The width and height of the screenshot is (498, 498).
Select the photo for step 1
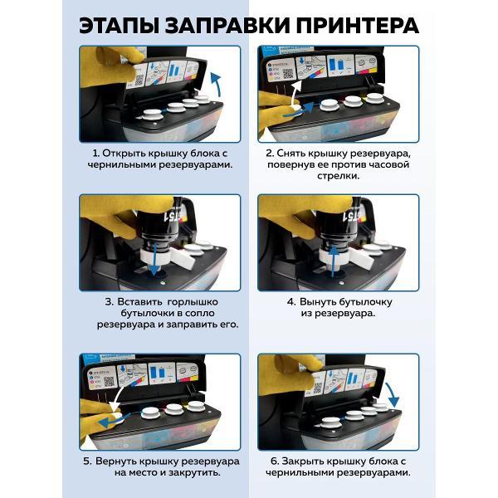(159, 93)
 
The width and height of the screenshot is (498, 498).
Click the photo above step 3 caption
(159, 242)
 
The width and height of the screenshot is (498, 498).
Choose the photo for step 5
(159, 402)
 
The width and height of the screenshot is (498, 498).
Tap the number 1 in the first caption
(95, 154)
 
